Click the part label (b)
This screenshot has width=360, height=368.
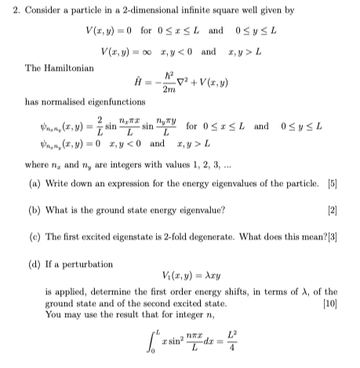pyautogui.click(x=33, y=210)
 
